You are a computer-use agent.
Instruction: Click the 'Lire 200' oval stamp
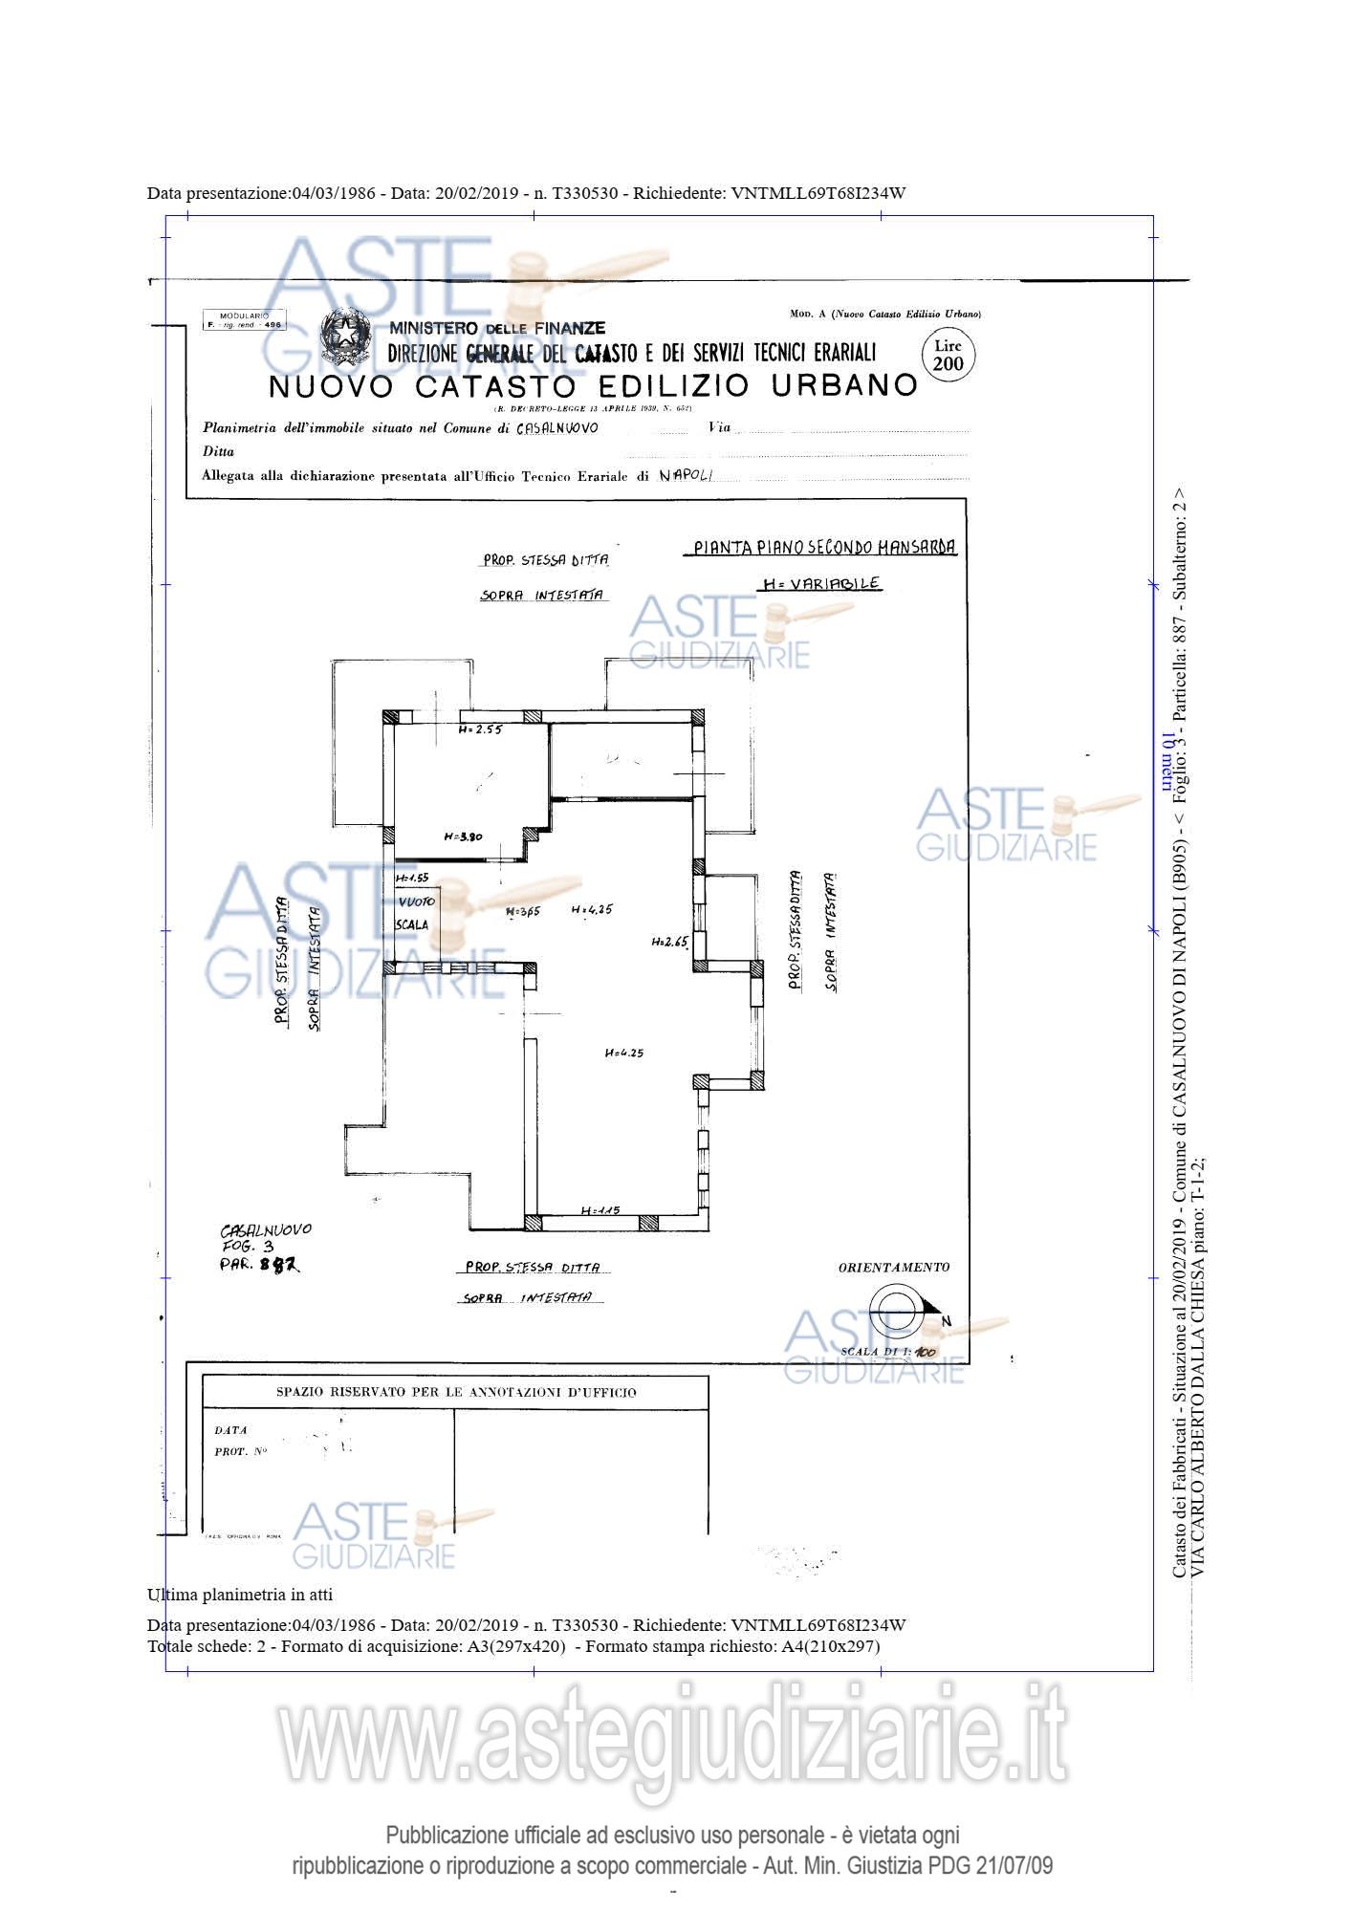point(948,355)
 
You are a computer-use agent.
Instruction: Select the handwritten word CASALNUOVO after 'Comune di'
point(557,428)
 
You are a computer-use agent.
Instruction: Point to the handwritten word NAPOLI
point(686,475)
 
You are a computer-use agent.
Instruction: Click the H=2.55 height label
point(480,728)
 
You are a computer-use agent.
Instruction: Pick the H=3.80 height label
point(464,836)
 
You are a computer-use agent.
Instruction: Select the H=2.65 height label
point(670,942)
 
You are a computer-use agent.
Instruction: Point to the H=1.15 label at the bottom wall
point(600,1210)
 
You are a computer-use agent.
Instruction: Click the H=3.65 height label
point(523,911)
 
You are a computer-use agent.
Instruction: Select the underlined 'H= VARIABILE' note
point(820,583)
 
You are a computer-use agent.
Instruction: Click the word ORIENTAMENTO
point(894,1268)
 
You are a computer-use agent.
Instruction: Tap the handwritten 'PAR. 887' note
point(259,1264)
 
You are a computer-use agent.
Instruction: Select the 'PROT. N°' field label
point(241,1451)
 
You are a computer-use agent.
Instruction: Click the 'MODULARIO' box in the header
point(245,320)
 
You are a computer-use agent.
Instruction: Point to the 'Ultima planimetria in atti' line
point(240,1594)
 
